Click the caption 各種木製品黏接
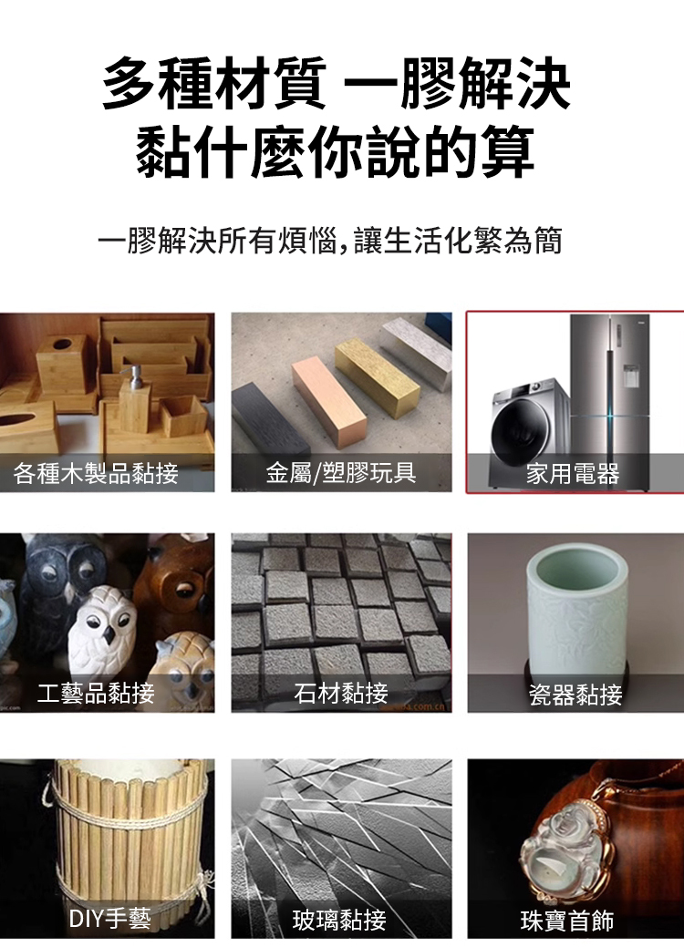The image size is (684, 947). [x=96, y=473]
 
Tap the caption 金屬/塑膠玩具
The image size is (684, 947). [x=341, y=472]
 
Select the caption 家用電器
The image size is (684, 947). [x=572, y=474]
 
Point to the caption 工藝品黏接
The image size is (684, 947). [x=96, y=693]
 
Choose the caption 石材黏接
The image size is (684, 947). [x=341, y=693]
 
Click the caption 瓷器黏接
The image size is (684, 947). [x=575, y=695]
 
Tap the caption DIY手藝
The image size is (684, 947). [x=110, y=919]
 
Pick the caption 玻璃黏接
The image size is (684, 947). [x=339, y=921]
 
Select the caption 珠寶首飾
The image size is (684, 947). [x=566, y=921]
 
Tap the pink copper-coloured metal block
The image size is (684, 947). [x=330, y=402]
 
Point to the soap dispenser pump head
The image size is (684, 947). [x=130, y=375]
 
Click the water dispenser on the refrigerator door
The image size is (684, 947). [x=631, y=376]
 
